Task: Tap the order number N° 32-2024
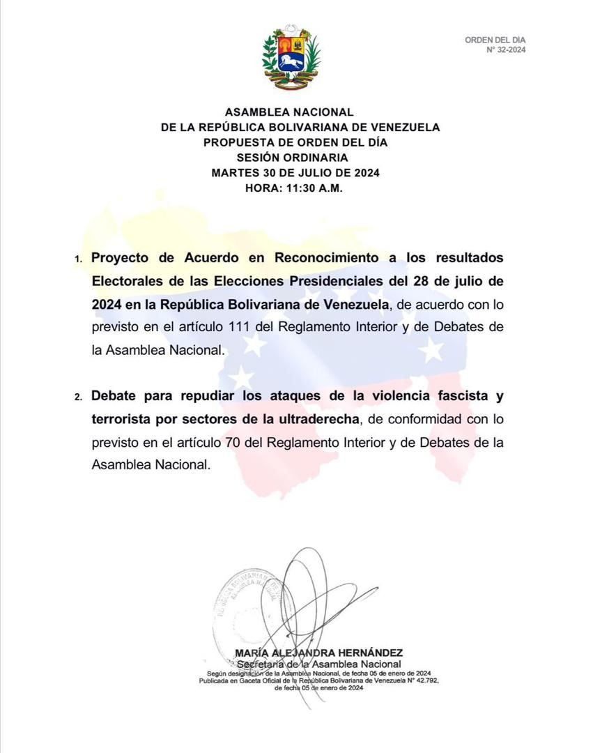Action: (x=506, y=50)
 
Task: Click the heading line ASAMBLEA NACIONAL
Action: (x=289, y=112)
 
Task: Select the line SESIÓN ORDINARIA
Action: (x=291, y=158)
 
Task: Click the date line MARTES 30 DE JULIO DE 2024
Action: (x=295, y=173)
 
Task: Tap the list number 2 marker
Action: (x=78, y=397)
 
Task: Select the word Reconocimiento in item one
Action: (x=326, y=258)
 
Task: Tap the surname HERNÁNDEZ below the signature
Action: (x=371, y=653)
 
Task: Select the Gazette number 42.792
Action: (x=420, y=680)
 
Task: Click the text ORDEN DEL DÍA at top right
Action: (x=495, y=40)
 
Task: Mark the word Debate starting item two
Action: (x=118, y=396)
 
